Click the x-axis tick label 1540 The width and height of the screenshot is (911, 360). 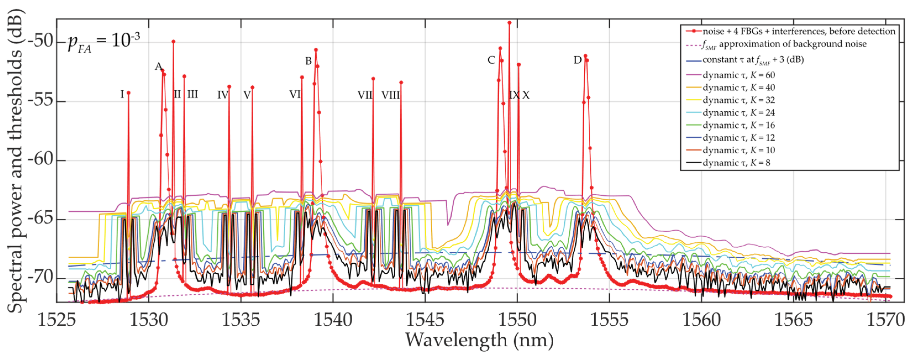(x=333, y=320)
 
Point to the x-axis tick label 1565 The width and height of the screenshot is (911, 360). (x=794, y=320)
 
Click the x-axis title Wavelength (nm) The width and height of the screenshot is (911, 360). (x=479, y=340)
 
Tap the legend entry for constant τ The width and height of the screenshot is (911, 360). (x=753, y=60)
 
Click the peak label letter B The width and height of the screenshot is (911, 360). (x=308, y=61)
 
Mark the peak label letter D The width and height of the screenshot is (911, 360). (x=577, y=60)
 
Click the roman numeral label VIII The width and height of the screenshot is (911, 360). (x=390, y=95)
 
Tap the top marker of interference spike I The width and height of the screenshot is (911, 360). (x=128, y=93)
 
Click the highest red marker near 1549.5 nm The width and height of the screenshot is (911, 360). (x=509, y=23)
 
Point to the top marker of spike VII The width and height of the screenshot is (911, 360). (x=373, y=78)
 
